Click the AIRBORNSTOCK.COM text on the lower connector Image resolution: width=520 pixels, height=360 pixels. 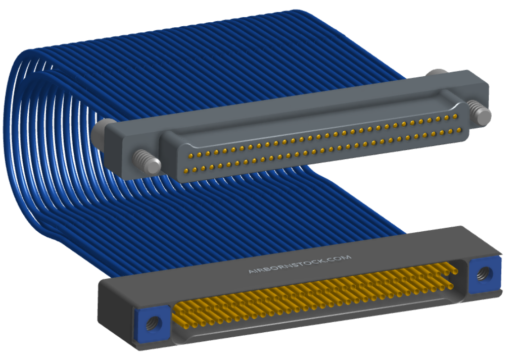(300, 264)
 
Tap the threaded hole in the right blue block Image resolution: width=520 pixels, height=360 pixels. (482, 274)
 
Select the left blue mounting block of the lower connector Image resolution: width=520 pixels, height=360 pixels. (153, 324)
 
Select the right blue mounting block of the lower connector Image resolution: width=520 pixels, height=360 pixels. (485, 275)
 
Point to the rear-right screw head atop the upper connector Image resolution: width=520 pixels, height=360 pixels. (437, 73)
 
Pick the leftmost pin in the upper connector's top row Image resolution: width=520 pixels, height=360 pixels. (191, 155)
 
